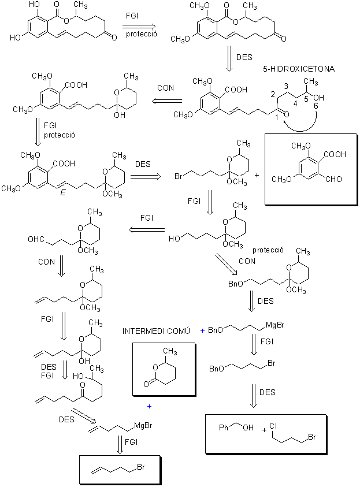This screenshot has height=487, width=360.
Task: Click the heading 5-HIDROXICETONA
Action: (x=299, y=69)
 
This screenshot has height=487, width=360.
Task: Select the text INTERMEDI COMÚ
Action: (x=156, y=331)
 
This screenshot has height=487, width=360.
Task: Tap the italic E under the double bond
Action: (x=63, y=193)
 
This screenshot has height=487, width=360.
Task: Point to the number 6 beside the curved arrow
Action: (x=316, y=106)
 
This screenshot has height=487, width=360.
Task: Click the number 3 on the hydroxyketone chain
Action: (x=286, y=85)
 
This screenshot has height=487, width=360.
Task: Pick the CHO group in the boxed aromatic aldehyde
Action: (x=333, y=179)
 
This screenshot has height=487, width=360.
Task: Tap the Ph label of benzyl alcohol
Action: (x=224, y=427)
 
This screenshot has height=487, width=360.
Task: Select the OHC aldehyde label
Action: (x=36, y=240)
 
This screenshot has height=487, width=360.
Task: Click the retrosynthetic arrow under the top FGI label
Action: (x=139, y=25)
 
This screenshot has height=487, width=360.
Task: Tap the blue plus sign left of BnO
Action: (x=202, y=331)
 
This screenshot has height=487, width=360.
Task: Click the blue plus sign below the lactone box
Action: (x=149, y=406)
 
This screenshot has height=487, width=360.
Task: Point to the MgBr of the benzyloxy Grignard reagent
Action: (x=275, y=325)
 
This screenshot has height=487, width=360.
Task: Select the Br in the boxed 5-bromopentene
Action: (x=141, y=467)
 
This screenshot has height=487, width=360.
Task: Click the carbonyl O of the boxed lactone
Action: (x=146, y=385)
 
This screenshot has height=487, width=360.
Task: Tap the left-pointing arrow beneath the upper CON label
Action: (x=167, y=101)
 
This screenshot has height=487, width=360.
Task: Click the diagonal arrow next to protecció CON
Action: (x=226, y=264)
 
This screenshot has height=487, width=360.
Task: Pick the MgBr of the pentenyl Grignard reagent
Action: (x=143, y=425)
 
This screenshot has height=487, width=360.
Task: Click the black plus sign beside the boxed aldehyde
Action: (x=257, y=175)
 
